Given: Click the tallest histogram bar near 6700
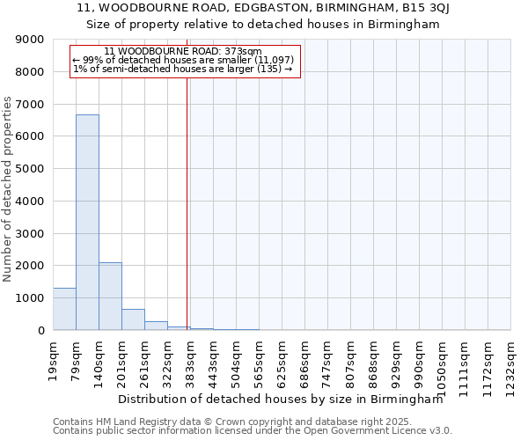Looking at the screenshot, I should pos(87,222).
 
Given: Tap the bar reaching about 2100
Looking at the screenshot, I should pos(110,296).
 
